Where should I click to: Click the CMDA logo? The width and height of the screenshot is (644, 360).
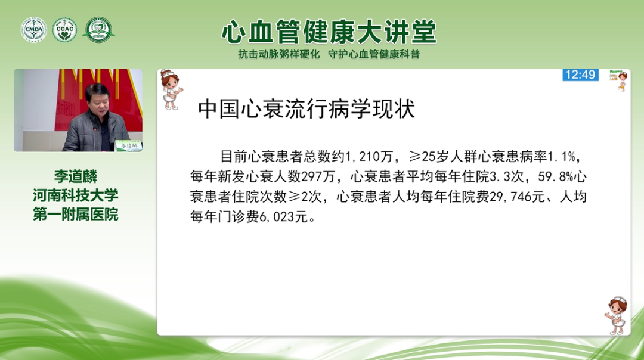[x=34, y=30]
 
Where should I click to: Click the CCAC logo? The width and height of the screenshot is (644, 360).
[x=64, y=30]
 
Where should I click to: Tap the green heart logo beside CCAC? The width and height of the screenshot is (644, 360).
[x=98, y=30]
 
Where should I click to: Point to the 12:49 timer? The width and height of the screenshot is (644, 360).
[x=580, y=75]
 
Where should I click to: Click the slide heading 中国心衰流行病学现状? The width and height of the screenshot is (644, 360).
[x=306, y=110]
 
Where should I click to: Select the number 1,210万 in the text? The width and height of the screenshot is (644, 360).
[x=370, y=157]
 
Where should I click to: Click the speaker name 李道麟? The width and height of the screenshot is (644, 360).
[x=76, y=177]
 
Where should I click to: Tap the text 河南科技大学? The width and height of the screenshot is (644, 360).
[x=76, y=195]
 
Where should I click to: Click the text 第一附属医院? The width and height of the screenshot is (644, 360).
[x=76, y=214]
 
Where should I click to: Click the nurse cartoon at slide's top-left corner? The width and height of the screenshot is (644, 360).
[x=171, y=89]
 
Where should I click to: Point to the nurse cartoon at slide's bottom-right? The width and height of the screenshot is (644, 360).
[x=616, y=315]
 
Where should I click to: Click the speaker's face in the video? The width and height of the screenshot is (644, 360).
[x=97, y=101]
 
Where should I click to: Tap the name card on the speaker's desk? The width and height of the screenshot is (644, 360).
[x=128, y=145]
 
